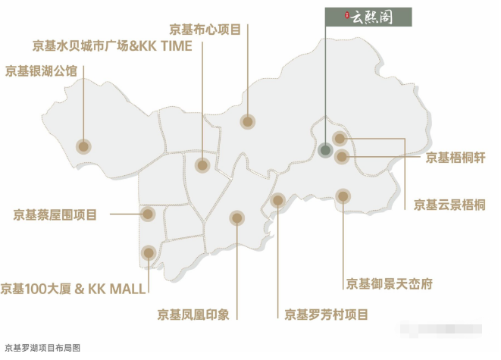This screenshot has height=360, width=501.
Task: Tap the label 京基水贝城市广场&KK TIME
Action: (112, 46)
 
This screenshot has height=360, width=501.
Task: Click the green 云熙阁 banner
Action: (368, 17)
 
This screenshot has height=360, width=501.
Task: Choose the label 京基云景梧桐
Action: (449, 204)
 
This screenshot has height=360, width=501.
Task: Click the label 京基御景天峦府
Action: (390, 284)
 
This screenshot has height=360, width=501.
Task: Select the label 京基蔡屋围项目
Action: (55, 214)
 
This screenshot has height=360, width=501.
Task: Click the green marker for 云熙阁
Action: (325, 150)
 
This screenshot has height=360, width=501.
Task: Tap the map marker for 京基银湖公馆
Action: (83, 146)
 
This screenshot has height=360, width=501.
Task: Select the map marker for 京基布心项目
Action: (248, 121)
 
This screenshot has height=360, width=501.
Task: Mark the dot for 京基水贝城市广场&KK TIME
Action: (202, 165)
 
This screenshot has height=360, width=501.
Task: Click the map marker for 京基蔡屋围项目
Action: (148, 214)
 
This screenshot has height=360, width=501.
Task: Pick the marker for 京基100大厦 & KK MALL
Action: (148, 252)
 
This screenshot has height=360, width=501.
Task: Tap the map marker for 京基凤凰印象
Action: (237, 218)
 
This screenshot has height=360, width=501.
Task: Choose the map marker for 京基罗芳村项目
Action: (277, 201)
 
